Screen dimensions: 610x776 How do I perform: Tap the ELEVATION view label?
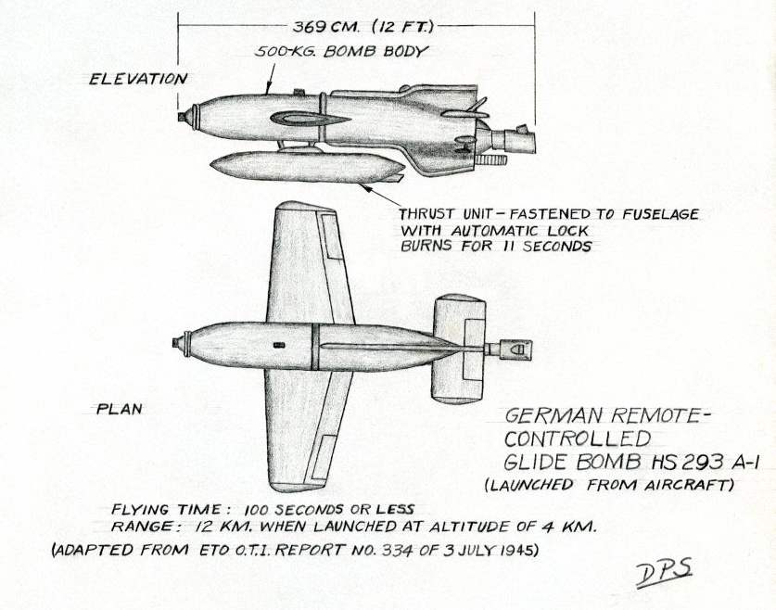coord(137,79)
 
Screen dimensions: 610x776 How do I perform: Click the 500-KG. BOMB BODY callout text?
coord(342,52)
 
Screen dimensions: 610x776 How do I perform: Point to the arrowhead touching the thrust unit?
coord(366,186)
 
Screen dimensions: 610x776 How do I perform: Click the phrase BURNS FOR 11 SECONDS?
coord(495,248)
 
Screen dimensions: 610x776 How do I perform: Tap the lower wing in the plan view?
coord(301,426)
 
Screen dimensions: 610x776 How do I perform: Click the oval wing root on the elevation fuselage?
coord(311,119)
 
